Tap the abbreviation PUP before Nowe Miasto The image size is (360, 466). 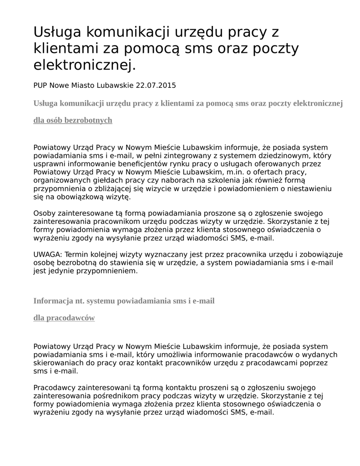(41, 85)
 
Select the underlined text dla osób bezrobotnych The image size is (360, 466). (73, 120)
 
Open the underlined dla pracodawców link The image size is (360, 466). (64, 318)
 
